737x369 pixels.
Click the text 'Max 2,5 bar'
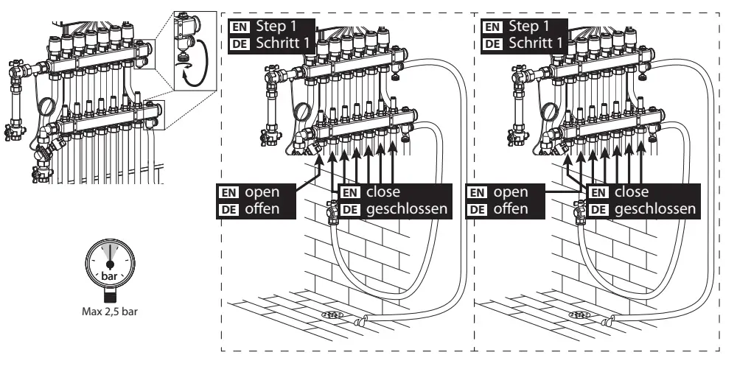pos(110,310)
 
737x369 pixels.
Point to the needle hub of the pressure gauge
pos(110,264)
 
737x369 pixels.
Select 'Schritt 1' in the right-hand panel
pos(536,44)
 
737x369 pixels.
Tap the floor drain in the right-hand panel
pos(579,314)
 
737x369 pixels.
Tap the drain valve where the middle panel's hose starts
pos(331,214)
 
